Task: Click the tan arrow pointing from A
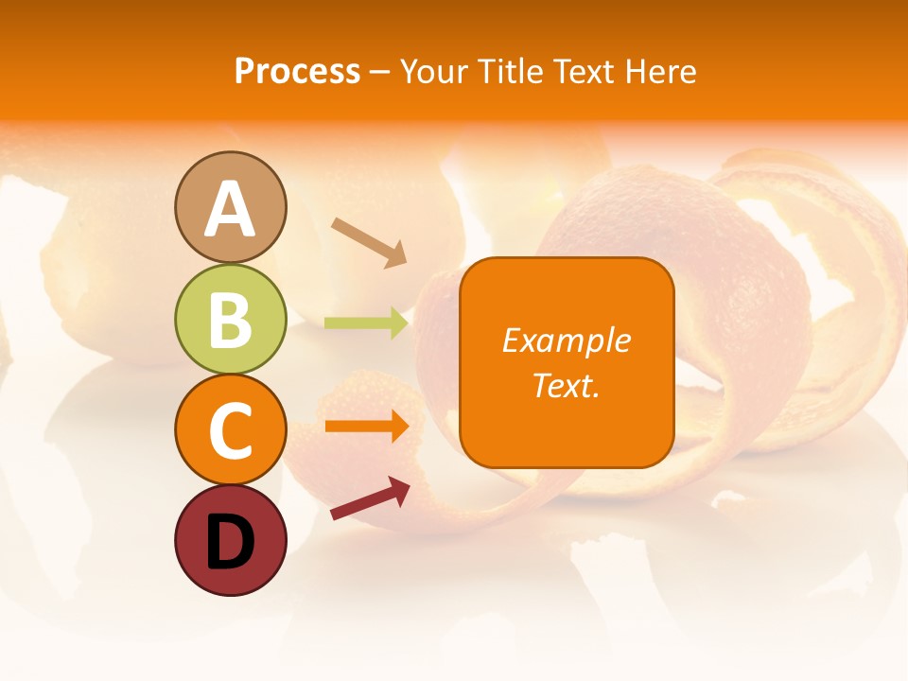(369, 242)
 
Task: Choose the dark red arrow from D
(370, 498)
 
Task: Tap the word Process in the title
(297, 71)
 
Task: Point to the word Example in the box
(566, 340)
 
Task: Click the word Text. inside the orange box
(566, 385)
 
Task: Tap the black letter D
(231, 542)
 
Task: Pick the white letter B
(231, 321)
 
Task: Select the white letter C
(231, 431)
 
